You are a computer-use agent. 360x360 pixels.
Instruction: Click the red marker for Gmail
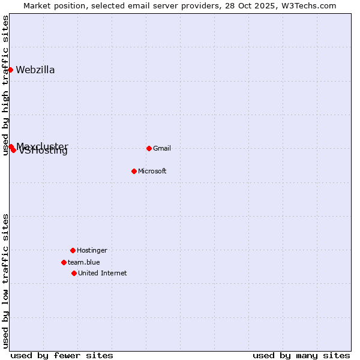(x=149, y=148)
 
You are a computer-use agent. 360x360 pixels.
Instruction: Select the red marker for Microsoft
(x=134, y=171)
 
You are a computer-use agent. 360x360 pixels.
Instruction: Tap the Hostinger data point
(x=73, y=250)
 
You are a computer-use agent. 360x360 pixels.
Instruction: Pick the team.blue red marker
(x=64, y=262)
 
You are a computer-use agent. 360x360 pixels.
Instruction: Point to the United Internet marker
(x=74, y=273)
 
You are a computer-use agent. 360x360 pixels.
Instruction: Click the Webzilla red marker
(x=10, y=70)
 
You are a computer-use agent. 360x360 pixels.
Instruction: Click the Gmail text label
(x=162, y=148)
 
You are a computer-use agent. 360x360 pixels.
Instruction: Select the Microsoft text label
(x=152, y=171)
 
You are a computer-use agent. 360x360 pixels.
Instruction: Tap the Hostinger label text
(x=92, y=250)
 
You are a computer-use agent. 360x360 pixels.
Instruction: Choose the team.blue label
(x=84, y=262)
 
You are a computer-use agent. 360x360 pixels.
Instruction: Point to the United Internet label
(x=103, y=273)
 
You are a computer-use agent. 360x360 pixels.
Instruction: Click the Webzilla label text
(x=35, y=70)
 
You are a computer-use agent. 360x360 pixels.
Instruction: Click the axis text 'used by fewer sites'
(x=62, y=355)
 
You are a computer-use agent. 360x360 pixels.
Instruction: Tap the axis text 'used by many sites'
(x=301, y=355)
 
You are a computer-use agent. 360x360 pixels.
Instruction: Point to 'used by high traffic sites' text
(x=6, y=85)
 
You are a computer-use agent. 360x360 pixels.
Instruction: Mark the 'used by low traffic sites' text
(x=6, y=280)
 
